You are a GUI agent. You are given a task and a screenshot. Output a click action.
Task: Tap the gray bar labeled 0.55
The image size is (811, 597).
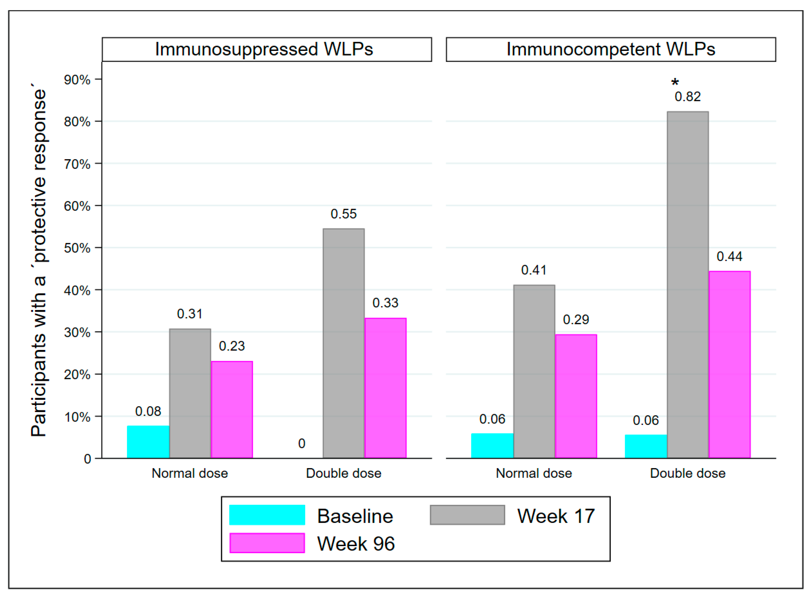[x=343, y=343]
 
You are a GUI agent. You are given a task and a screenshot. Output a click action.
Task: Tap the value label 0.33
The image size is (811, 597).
[x=385, y=303]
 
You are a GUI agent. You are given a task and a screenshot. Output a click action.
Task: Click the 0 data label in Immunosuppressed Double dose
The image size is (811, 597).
[x=301, y=443]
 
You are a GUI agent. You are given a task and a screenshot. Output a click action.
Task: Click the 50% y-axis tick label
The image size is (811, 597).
[x=77, y=248]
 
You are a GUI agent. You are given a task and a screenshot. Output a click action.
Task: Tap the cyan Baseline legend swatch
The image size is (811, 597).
[x=267, y=515]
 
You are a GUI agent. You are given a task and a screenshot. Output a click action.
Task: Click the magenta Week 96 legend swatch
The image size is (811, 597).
[x=267, y=543]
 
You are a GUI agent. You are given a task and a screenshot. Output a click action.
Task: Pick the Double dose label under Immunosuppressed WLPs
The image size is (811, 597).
[x=343, y=473]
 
